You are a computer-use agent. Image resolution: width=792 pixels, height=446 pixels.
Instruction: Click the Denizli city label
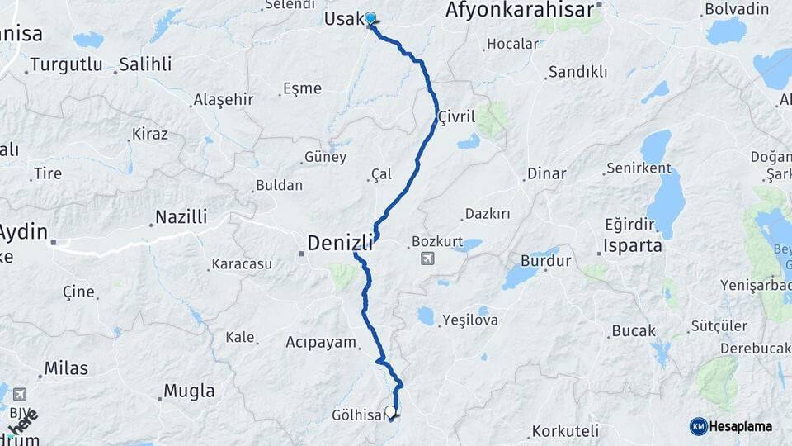(339, 243)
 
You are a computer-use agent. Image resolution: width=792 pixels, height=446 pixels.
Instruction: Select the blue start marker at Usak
(370, 18)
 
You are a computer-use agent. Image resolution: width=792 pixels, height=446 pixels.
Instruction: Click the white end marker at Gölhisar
(390, 410)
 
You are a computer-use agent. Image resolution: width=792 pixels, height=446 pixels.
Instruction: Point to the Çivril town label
(457, 116)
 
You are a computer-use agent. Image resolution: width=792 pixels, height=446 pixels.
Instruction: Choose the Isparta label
(633, 246)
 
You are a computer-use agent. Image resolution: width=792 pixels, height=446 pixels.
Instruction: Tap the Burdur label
(545, 261)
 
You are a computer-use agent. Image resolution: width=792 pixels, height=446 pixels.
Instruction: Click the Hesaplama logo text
(740, 426)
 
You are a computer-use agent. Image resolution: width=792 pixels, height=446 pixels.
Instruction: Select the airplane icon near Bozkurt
(427, 259)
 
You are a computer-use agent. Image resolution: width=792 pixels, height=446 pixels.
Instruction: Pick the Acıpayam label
(321, 342)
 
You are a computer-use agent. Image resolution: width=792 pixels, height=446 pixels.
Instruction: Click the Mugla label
(189, 391)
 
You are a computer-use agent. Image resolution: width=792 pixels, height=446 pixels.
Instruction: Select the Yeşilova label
(470, 320)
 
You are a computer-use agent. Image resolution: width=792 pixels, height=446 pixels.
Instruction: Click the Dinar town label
(546, 173)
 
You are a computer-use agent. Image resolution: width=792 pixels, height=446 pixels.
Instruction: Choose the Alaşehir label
(223, 100)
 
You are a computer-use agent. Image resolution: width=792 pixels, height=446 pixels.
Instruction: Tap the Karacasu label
(242, 264)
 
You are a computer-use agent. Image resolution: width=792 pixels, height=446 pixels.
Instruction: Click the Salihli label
(145, 64)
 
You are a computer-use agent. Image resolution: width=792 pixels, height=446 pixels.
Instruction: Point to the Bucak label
(634, 330)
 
